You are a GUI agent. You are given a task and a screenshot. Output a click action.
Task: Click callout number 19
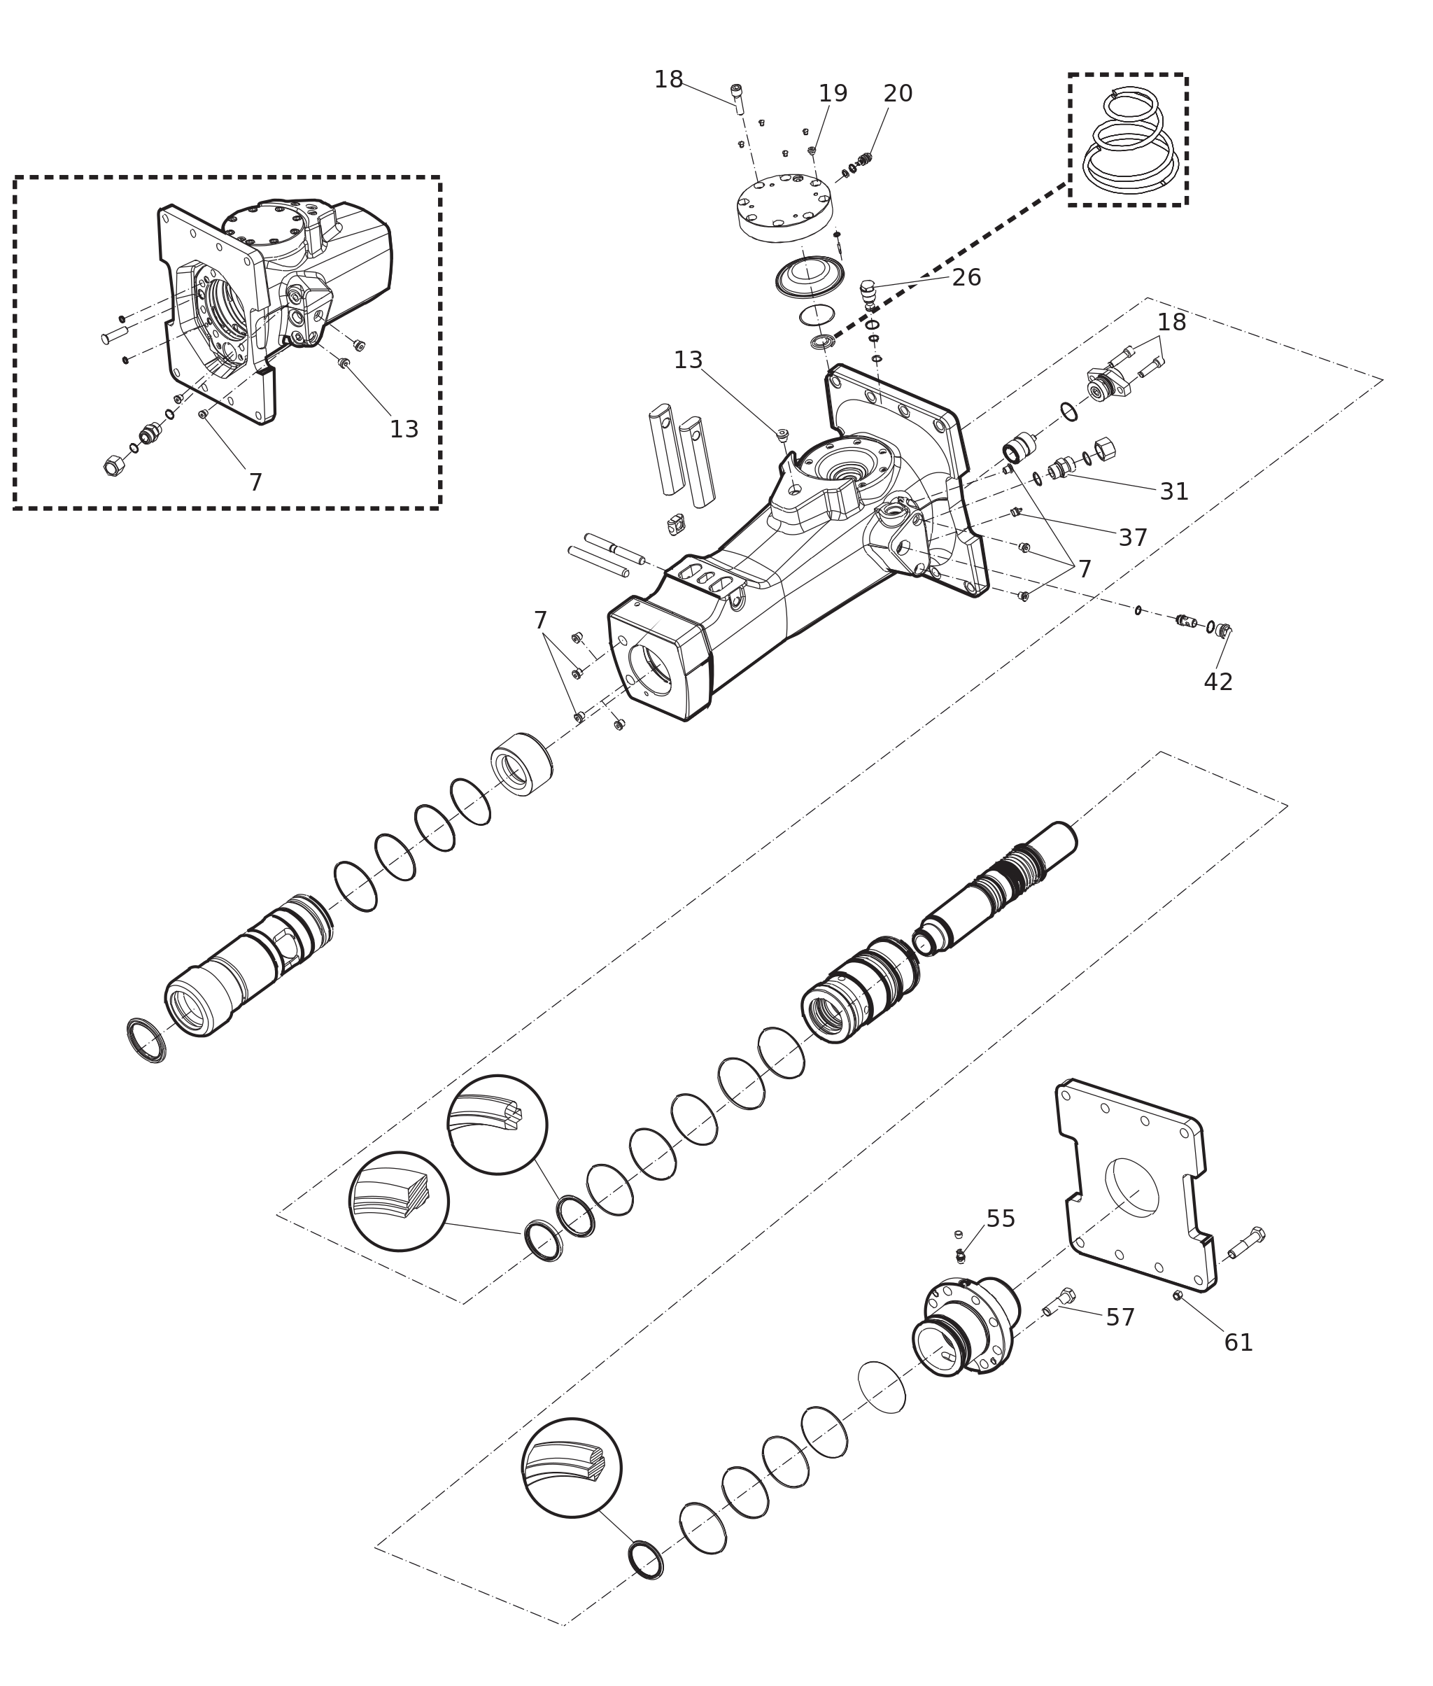tap(833, 94)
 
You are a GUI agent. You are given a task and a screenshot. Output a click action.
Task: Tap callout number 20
tap(898, 94)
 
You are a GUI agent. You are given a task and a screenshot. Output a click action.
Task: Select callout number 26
tap(966, 278)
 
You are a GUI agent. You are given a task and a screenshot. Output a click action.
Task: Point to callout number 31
tap(1174, 491)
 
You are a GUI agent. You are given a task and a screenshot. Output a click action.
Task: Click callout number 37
tap(1132, 538)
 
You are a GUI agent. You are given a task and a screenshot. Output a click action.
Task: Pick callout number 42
tap(1217, 682)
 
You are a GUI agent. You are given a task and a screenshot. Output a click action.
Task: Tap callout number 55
tap(1000, 1218)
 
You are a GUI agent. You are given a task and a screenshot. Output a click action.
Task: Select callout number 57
tap(1120, 1318)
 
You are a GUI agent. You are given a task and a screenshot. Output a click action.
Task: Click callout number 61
tap(1238, 1343)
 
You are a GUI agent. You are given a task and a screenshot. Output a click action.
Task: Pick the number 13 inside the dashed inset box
tap(404, 430)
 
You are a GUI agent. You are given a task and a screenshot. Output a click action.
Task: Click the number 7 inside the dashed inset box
tap(255, 484)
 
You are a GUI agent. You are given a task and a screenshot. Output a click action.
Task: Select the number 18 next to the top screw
tap(669, 80)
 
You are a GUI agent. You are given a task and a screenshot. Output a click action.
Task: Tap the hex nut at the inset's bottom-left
tap(114, 466)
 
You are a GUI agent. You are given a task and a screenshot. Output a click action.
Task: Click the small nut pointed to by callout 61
tap(1177, 1295)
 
